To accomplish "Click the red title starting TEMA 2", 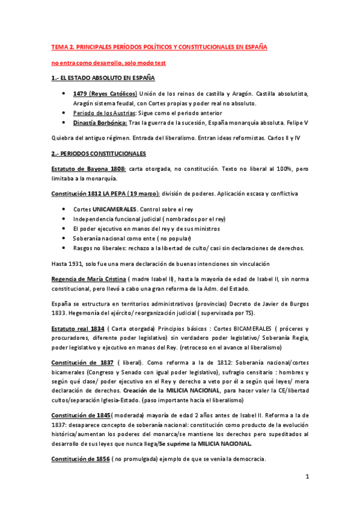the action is [159, 46].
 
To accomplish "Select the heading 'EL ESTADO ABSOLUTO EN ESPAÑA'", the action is [108, 79].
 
